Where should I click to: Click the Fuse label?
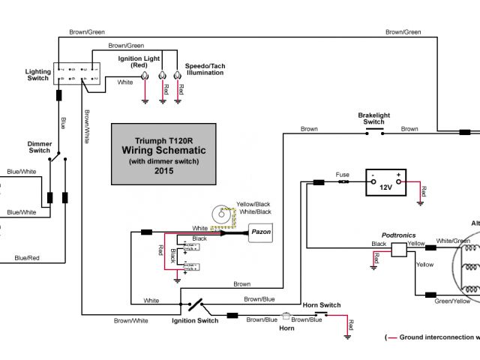(343, 174)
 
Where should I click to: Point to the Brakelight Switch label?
(373, 118)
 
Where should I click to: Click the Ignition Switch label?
(196, 320)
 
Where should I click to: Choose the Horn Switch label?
(321, 305)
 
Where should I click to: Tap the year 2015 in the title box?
(163, 171)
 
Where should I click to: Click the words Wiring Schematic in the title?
(163, 151)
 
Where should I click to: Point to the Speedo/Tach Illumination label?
(205, 70)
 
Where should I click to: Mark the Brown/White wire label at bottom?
(130, 320)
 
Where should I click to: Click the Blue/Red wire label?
(25, 258)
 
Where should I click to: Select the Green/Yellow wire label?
(453, 301)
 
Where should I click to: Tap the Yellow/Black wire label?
(253, 204)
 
